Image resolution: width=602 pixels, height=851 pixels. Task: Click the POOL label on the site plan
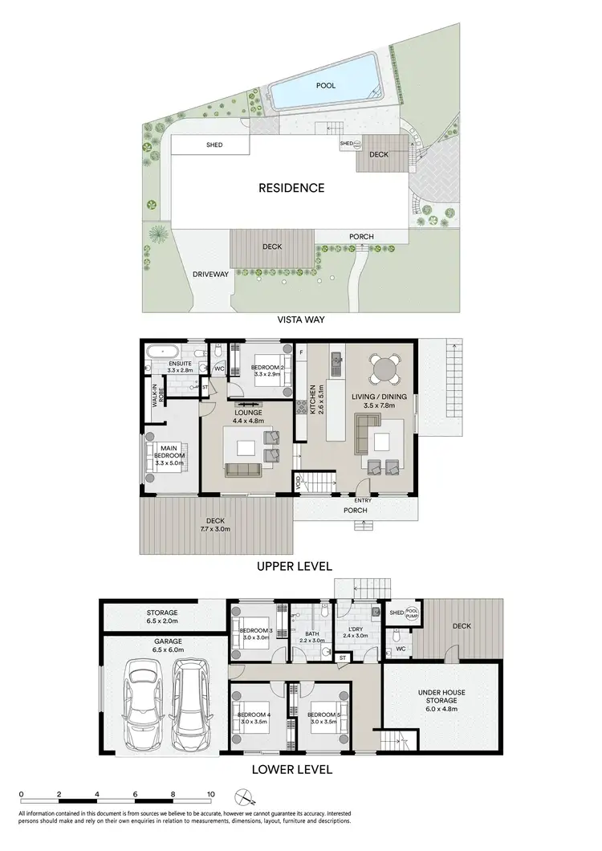pos(326,85)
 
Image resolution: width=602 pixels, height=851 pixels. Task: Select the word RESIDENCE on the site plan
pos(291,189)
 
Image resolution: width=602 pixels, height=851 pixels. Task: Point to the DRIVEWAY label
pos(211,274)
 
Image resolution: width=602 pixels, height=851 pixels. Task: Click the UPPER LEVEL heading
pos(293,566)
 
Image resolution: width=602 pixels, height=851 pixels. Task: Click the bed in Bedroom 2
pos(266,369)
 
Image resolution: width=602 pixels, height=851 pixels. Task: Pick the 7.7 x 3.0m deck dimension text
pos(215,529)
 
